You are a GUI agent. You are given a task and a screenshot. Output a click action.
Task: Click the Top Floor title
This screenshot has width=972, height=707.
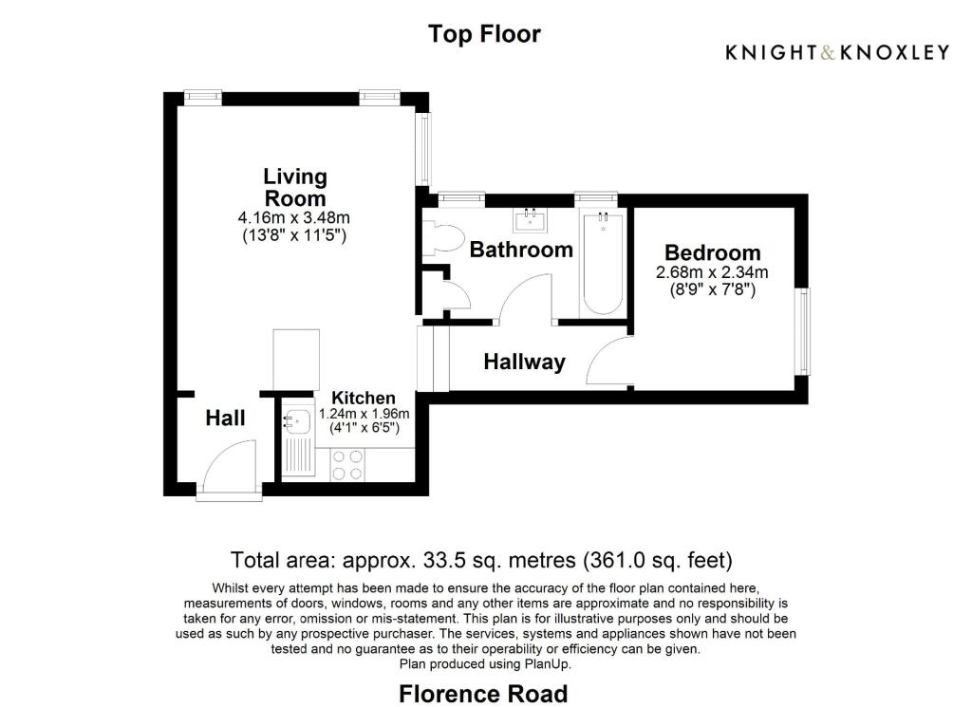point(484,34)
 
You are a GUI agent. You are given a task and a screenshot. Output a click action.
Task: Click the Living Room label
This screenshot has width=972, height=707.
point(294,187)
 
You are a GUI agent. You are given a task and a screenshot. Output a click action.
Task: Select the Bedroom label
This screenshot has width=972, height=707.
point(712,252)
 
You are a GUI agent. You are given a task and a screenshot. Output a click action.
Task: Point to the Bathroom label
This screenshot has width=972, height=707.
point(521,250)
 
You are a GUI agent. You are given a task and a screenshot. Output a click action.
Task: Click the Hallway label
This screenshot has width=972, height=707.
point(524,362)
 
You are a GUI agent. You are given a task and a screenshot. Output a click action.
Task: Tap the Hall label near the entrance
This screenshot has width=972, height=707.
point(226,418)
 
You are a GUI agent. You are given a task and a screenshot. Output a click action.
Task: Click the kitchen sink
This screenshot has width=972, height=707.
point(297,419)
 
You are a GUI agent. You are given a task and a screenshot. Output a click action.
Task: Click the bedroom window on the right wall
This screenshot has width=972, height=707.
point(804,331)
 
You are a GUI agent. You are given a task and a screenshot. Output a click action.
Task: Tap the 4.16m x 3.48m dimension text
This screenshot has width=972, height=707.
point(294,218)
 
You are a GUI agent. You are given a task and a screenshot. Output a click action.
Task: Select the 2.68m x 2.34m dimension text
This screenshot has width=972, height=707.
point(712,272)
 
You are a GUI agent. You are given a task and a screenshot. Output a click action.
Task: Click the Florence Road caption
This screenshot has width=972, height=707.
point(483,693)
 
